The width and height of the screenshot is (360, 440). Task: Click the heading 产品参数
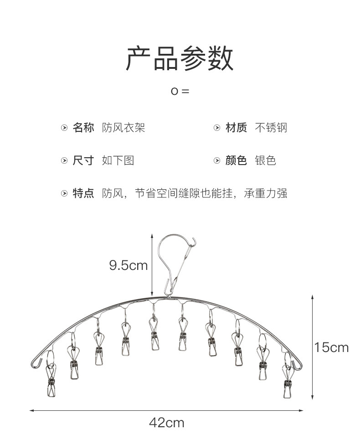coord(180,59)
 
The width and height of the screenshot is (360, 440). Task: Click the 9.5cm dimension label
coord(128,265)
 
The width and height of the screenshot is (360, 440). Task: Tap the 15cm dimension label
coord(331,347)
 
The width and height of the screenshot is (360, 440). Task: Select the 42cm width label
coord(166,423)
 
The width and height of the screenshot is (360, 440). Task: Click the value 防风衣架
coord(123,128)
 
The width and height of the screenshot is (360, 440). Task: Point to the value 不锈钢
coord(271,128)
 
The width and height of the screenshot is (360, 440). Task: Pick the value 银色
coord(266,160)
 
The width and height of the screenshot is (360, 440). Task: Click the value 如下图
coord(118,160)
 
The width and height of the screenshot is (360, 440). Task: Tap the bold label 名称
coord(83,128)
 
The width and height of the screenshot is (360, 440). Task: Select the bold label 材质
coord(236,128)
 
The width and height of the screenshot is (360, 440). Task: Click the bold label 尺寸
coord(83,160)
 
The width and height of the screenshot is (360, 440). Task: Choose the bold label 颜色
coord(236,160)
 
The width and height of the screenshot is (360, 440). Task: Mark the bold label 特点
coord(83,193)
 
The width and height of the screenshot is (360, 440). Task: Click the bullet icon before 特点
coord(64,194)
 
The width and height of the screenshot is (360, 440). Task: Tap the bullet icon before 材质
coord(217,128)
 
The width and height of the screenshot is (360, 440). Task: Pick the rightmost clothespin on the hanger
coord(288,381)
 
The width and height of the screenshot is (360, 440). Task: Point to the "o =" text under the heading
coord(180,91)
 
